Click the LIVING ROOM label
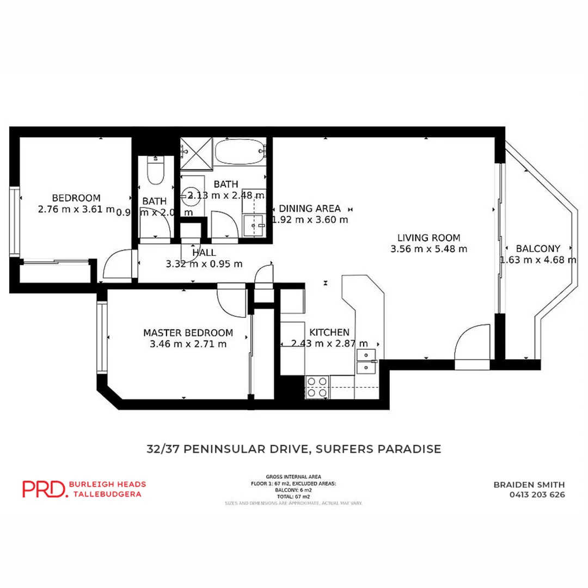coord(428,237)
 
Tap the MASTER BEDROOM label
coord(188,332)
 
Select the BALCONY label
coord(538,248)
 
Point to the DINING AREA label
coord(309,208)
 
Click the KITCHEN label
coord(329,332)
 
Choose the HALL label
coord(204,253)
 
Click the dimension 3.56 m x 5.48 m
coord(428,249)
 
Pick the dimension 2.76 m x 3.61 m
coord(76,209)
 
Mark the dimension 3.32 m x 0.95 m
coord(204,265)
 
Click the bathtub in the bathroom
coord(240,151)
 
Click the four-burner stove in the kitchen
coord(317,387)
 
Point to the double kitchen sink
coord(366,362)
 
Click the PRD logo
coord(44,488)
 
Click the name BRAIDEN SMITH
coord(529,484)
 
